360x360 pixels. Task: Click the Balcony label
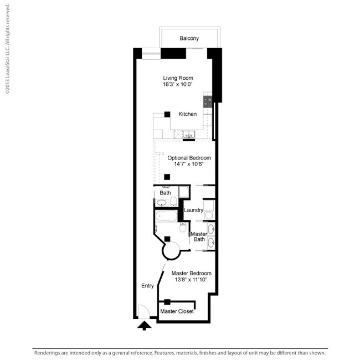tap(189, 39)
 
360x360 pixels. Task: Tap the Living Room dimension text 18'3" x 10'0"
tap(177, 85)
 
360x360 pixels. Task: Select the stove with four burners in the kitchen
tap(208, 101)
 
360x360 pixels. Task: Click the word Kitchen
tap(187, 114)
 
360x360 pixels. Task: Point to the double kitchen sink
tap(189, 134)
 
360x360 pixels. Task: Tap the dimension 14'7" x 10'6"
tap(186, 164)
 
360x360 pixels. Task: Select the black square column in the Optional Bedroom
tap(167, 177)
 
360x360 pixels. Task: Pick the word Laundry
tap(193, 210)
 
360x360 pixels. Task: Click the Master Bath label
tap(199, 236)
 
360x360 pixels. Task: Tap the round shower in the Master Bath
tap(171, 250)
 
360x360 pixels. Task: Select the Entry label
tap(147, 286)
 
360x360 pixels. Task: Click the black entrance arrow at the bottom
tap(144, 326)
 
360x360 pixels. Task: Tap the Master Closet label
tap(177, 312)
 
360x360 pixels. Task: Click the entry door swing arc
tap(142, 311)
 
